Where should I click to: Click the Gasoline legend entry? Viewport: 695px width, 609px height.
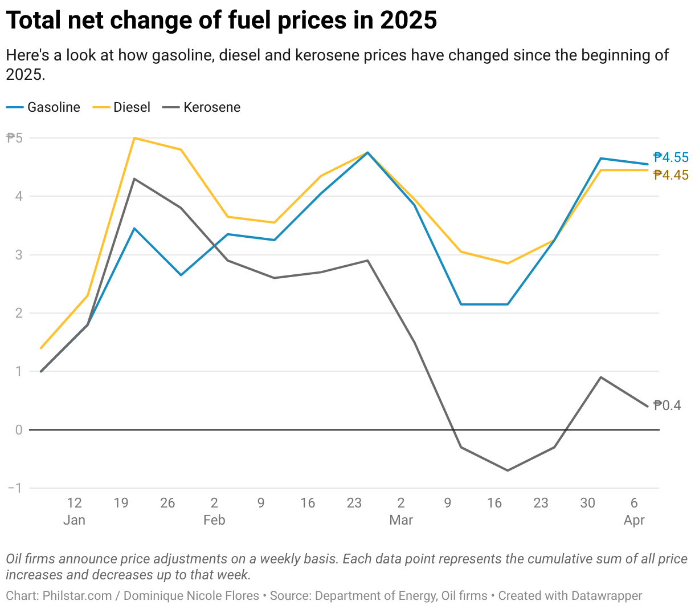54,107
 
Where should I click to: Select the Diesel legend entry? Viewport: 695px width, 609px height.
132,107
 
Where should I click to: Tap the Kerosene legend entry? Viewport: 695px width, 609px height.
211,107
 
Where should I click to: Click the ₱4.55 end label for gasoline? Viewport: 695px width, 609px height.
671,157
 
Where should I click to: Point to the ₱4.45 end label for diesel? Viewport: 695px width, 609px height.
671,175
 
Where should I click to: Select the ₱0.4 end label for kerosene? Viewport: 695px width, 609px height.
667,405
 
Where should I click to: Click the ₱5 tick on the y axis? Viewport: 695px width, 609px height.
14,138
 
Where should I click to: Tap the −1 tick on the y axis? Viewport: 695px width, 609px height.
15,488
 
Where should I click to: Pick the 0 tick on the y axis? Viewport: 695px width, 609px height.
19,430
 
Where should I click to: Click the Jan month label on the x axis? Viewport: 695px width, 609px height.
74,520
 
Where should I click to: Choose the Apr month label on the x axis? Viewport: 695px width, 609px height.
634,520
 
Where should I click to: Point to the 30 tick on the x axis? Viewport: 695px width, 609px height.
587,503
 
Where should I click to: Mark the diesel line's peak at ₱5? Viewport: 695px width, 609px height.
134,138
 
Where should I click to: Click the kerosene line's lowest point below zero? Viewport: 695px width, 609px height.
507,470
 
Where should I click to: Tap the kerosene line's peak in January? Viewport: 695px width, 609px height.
134,179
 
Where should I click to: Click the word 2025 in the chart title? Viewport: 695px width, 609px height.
408,21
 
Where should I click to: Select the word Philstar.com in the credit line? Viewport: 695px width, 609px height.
77,596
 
